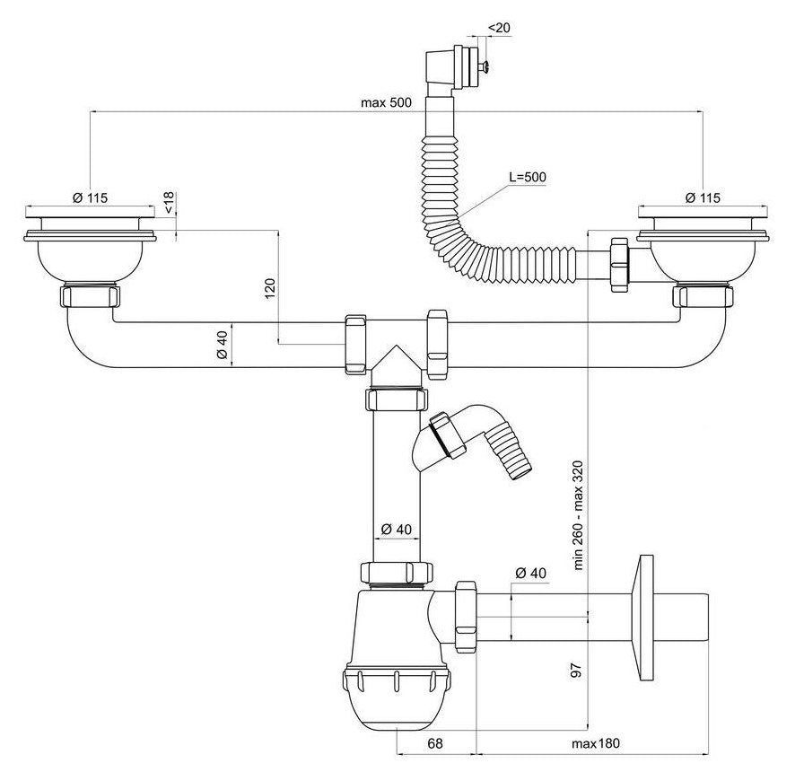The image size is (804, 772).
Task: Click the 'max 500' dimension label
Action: click(x=386, y=102)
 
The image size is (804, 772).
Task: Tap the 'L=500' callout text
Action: click(x=528, y=176)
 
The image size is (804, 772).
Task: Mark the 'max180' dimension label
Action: click(x=596, y=744)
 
